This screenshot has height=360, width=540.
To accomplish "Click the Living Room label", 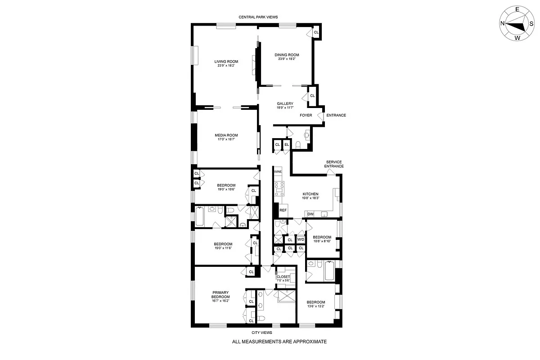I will coord(226,62).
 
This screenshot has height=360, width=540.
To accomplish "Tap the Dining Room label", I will coord(287,55).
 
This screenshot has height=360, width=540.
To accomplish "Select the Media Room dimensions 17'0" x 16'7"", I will coord(226,139).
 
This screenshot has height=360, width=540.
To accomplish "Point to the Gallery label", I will coord(285,103).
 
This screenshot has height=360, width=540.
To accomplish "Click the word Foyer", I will coord(306,115).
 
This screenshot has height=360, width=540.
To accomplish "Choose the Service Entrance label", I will coord(334,164).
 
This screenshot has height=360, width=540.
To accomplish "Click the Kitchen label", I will coord(310,194).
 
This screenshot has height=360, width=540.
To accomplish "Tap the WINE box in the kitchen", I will coord(278,172).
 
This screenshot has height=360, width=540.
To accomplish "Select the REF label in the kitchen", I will coord(283,210).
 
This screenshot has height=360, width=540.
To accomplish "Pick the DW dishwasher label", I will coord(310,214).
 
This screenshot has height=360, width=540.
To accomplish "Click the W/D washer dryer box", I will coord(301,240).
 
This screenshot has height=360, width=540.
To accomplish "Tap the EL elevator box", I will coord(287,144).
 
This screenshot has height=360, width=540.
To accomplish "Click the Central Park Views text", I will coord(258,17).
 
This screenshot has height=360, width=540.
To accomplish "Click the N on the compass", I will coord(502,24).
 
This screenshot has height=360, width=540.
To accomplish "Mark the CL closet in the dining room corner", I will coord(316,32).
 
